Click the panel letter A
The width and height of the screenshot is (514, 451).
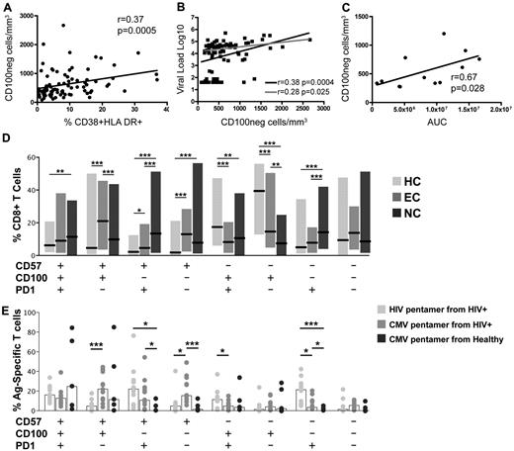pyautogui.click(x=6, y=8)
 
